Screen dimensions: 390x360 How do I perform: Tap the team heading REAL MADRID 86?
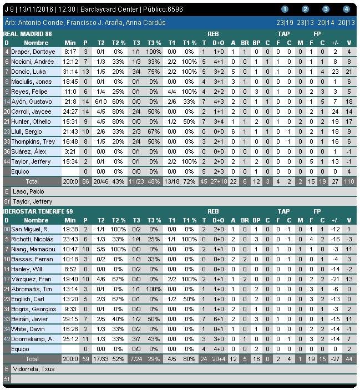click(28, 34)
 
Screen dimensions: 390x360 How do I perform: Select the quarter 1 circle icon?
click(285, 9)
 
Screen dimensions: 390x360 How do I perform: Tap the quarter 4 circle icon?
click(346, 9)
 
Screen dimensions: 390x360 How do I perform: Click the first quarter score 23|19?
click(285, 23)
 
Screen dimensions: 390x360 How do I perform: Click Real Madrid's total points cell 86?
click(85, 181)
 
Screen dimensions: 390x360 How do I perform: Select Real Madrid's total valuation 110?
click(348, 181)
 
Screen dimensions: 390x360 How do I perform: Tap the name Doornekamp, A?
click(34, 339)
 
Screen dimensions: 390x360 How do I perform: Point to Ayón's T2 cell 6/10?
click(100, 102)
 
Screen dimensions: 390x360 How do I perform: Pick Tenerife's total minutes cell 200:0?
click(70, 359)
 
